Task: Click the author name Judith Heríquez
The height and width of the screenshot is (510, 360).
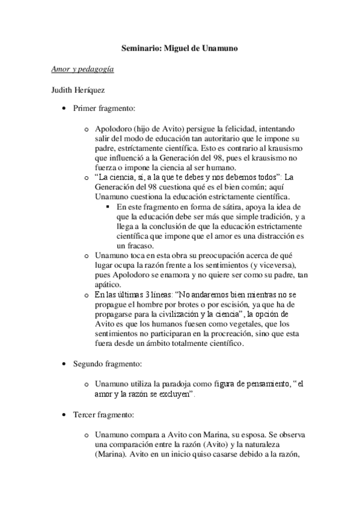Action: (79, 91)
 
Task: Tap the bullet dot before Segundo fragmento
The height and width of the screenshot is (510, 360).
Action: (64, 365)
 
